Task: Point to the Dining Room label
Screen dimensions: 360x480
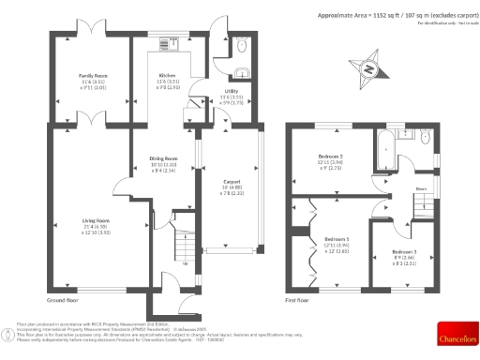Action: point(163,159)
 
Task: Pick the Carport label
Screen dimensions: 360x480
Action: point(233,181)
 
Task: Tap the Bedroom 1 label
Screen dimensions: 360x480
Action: point(336,239)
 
